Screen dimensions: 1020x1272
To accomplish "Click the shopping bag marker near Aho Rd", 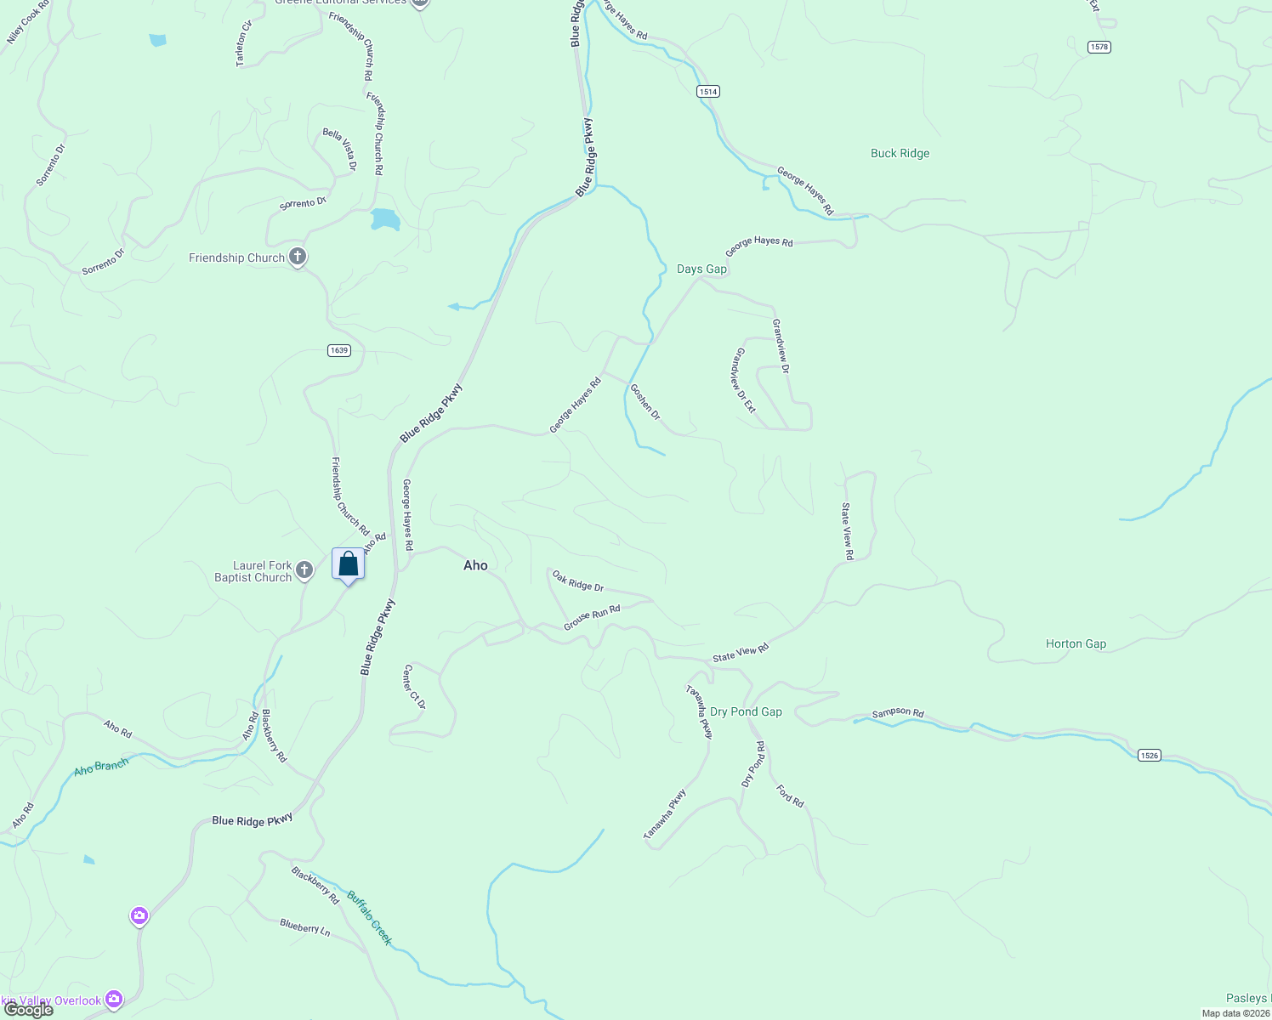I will point(348,564).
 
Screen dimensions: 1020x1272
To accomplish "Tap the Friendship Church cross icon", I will point(298,256).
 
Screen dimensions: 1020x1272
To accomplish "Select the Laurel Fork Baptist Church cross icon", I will point(304,571).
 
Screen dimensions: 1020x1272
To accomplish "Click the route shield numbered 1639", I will point(339,350).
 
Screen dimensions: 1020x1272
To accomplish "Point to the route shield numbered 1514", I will point(708,91).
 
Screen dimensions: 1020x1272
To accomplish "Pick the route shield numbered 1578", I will point(1099,47).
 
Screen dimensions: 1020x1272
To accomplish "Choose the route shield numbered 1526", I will point(1149,755).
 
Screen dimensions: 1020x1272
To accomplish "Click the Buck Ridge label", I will point(900,153).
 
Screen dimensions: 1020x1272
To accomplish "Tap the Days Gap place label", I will point(701,269).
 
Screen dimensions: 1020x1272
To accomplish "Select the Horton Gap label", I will point(1076,643).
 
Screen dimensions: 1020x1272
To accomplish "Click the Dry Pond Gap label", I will point(746,711).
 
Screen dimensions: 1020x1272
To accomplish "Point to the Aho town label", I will point(475,565).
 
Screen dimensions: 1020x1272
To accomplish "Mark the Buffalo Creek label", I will point(370,918).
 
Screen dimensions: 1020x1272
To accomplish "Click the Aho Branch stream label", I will point(101,767).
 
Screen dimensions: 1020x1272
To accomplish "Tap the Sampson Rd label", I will point(898,712).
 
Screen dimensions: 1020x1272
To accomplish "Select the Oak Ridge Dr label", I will point(578,581).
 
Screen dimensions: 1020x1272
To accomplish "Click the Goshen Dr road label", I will point(645,401).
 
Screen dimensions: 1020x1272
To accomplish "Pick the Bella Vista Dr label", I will point(339,150).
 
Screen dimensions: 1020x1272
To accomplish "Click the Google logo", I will point(29,1010).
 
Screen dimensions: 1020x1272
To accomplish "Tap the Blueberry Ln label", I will point(304,926).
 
